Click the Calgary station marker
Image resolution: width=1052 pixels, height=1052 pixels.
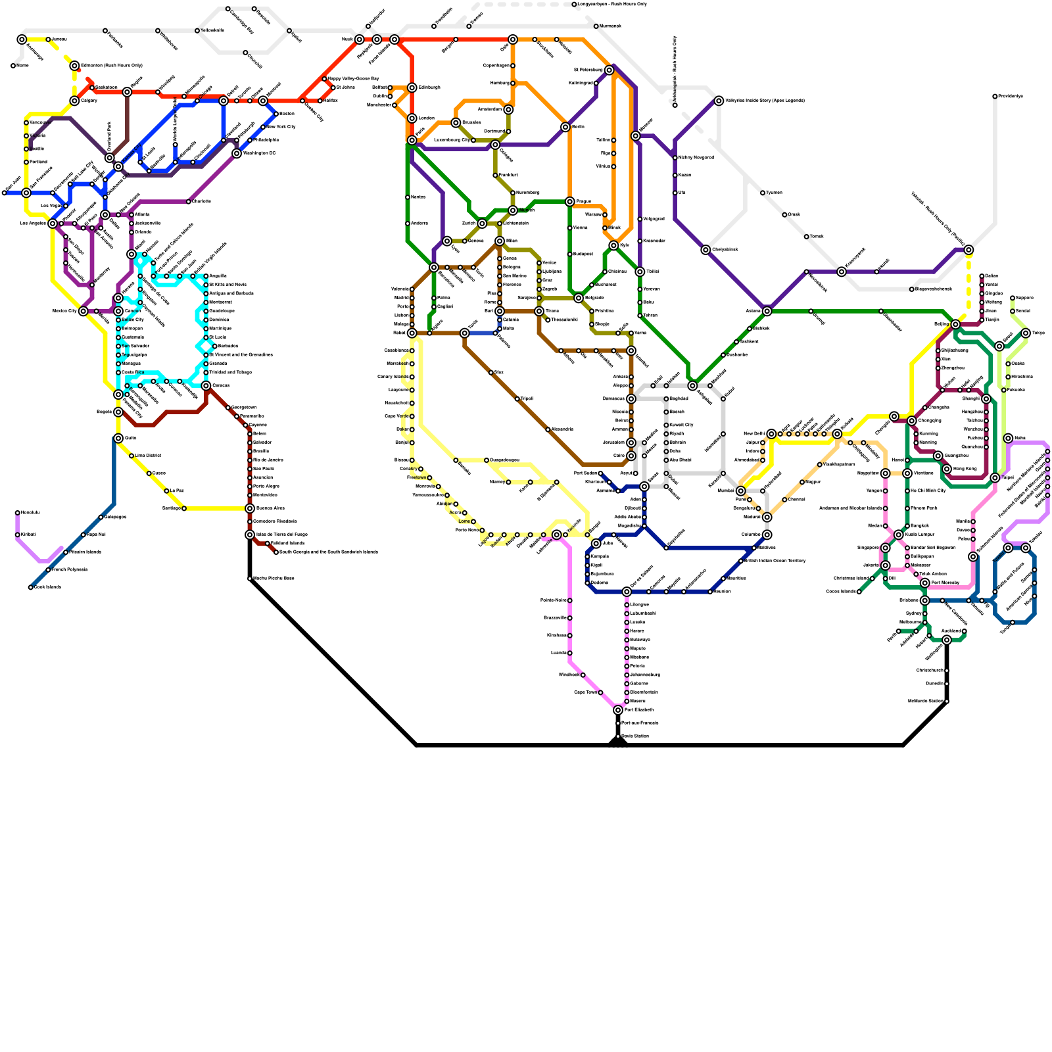click(74, 101)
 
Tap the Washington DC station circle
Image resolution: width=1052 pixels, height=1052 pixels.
click(237, 153)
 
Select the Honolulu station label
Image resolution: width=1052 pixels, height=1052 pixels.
click(30, 513)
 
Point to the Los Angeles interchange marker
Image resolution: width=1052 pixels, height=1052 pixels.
click(53, 224)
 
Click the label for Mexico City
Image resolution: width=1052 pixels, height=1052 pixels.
click(64, 311)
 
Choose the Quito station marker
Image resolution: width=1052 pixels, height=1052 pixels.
click(118, 438)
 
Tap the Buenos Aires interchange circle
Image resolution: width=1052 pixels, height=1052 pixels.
click(250, 508)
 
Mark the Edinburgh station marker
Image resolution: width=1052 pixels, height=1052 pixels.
click(412, 87)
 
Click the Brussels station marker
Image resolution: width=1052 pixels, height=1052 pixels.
click(456, 123)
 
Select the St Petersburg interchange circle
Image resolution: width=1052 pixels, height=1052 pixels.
click(610, 70)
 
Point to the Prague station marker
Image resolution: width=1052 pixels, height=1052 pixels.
click(570, 201)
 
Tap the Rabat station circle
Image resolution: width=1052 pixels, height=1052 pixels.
click(412, 333)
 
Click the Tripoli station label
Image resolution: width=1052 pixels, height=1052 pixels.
click(527, 399)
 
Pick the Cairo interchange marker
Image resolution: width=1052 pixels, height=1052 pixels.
click(631, 456)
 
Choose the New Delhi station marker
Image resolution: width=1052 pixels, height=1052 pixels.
click(771, 434)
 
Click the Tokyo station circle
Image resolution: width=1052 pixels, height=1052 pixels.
click(1026, 333)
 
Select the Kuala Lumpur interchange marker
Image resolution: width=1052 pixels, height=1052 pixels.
click(899, 535)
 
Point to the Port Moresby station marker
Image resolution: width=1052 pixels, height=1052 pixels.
click(925, 583)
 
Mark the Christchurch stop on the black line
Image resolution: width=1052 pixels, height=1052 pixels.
click(947, 671)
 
